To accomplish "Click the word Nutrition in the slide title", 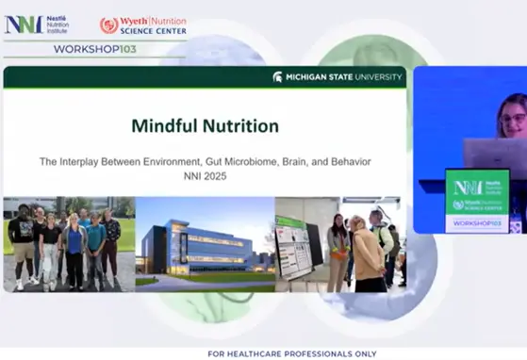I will coord(239,125).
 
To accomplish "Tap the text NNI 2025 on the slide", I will coord(205,176).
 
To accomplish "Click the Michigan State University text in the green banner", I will coord(343,76).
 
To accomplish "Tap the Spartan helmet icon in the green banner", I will coord(277,76).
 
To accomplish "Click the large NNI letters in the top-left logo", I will coord(24,25).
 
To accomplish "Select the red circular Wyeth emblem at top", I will coord(108,25).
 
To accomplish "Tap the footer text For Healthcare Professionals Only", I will coord(263,353).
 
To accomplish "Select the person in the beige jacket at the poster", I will coord(368,254).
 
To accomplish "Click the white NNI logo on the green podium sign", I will coord(468,187).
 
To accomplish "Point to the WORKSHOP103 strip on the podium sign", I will coord(477,223).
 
